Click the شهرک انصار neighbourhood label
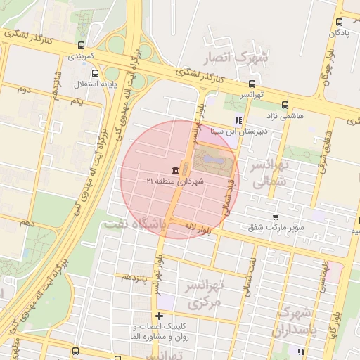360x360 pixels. (x=234, y=57)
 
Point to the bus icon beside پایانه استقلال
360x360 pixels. (x=96, y=73)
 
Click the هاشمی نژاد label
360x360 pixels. (x=285, y=115)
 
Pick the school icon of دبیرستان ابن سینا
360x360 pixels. (x=238, y=120)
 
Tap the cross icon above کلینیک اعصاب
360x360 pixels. (x=160, y=316)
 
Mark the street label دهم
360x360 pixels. (x=27, y=222)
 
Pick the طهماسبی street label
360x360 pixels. (x=324, y=275)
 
